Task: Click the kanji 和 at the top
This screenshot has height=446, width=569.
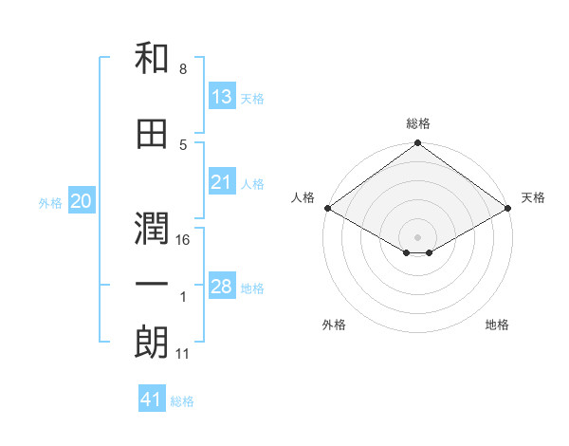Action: click(152, 59)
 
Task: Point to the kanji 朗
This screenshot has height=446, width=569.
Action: click(152, 341)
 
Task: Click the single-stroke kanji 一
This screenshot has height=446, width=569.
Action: click(152, 285)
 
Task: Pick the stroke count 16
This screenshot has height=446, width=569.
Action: click(184, 240)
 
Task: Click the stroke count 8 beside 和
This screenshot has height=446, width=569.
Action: click(183, 70)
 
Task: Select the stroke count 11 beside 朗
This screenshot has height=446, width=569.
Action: click(184, 354)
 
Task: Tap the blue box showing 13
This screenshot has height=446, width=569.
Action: click(221, 96)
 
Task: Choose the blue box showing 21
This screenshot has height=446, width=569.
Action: click(221, 182)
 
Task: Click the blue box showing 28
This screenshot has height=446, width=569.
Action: click(221, 287)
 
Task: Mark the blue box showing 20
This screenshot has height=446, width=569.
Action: click(81, 201)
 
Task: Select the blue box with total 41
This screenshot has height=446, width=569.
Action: click(152, 400)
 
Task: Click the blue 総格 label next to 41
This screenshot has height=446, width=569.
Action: click(182, 401)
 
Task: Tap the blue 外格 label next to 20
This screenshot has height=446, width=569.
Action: click(49, 203)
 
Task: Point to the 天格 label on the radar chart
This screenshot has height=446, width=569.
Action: click(533, 197)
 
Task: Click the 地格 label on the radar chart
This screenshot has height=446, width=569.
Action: click(497, 325)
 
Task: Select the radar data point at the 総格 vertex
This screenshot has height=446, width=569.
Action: click(417, 144)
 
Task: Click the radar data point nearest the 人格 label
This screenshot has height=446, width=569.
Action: click(326, 208)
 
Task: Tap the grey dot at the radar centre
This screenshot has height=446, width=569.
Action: click(417, 235)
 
